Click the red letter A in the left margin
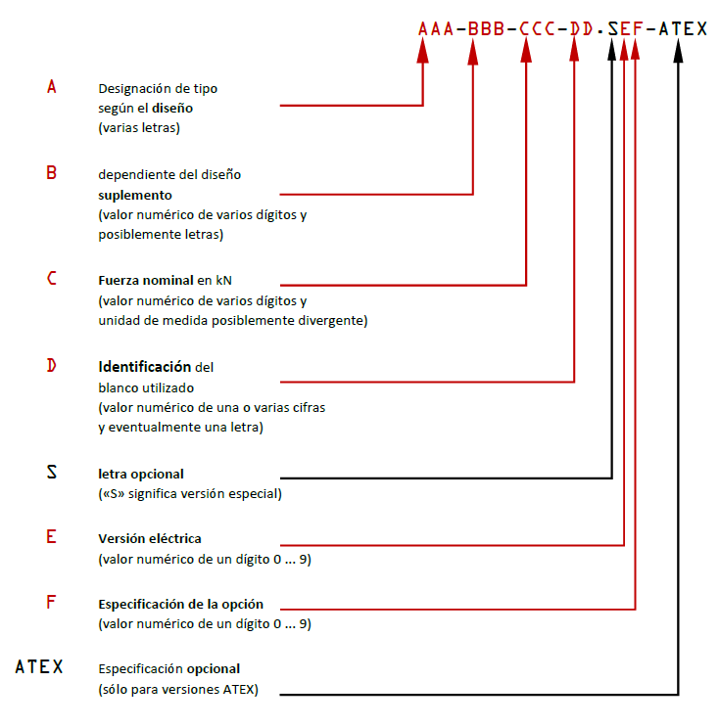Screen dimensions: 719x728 point(52,86)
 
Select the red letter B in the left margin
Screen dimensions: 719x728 point(51,173)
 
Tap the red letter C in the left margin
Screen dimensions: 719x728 point(52,278)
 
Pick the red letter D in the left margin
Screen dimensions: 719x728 point(51,365)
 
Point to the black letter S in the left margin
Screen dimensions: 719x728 point(52,472)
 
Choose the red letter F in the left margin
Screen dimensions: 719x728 point(51,602)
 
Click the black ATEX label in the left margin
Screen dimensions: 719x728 point(39,667)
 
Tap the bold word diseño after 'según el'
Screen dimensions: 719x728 point(172,109)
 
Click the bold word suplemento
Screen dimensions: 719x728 point(135,196)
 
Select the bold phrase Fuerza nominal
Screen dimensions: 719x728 point(146,281)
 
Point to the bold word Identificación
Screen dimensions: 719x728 point(145,367)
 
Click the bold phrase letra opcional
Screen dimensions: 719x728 point(141,474)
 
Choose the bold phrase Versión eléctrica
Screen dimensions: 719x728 point(150,538)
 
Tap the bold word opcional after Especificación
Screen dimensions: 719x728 point(214,669)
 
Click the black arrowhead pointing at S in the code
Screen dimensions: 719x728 point(612,50)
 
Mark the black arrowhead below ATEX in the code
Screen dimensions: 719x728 point(678,51)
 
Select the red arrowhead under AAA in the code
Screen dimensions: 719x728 point(422,51)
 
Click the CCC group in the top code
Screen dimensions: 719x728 point(537,28)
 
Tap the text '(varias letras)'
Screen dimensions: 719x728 point(139,127)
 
